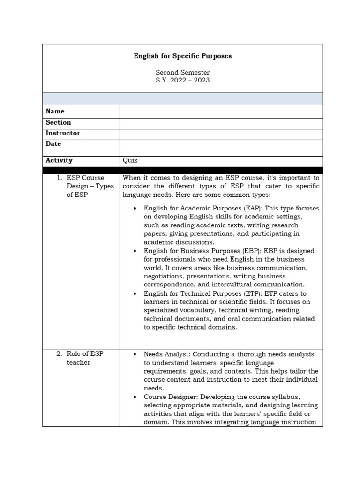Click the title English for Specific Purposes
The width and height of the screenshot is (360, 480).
coord(182,56)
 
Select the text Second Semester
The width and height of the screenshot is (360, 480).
coord(182,73)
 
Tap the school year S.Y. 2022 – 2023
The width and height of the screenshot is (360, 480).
coord(182,80)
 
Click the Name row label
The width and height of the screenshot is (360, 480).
coord(55,112)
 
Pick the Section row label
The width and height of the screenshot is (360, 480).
coord(59,122)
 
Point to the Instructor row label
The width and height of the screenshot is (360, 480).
coord(63,133)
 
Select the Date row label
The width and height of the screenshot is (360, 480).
coord(53,144)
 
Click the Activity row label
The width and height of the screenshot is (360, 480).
coord(59,160)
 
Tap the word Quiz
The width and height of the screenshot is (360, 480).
coord(130,160)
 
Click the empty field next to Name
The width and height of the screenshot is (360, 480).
coord(221,112)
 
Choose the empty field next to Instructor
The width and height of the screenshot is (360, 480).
coord(221,134)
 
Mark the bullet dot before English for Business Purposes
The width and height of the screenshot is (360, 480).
coord(135,251)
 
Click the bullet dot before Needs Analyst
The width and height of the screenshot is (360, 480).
coord(135,355)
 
